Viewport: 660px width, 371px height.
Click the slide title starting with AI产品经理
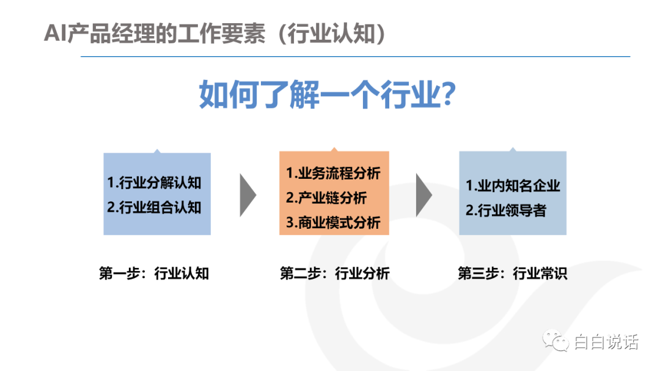[x=215, y=34]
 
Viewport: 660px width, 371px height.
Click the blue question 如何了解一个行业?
[x=328, y=95]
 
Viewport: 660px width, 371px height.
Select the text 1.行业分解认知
[x=154, y=183]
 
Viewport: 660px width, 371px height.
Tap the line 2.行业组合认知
[x=154, y=207]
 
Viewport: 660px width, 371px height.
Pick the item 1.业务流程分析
[x=333, y=173]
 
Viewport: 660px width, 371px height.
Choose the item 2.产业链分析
[x=326, y=198]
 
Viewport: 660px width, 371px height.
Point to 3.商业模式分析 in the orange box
[x=333, y=223]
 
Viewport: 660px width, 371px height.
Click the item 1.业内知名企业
[x=513, y=185]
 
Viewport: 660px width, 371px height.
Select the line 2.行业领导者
[x=506, y=210]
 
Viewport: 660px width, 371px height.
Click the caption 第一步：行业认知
[x=154, y=273]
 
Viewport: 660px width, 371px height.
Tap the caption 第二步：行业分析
[x=335, y=273]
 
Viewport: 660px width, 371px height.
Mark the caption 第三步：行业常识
[x=512, y=273]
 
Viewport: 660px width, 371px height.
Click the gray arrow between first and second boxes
[x=247, y=195]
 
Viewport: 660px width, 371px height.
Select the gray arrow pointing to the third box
[x=424, y=195]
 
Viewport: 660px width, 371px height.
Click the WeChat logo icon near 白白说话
[x=555, y=340]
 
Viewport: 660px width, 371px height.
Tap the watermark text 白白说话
[x=606, y=342]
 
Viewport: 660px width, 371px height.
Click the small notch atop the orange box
[x=334, y=149]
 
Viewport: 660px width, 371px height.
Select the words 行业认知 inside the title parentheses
[x=331, y=34]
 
